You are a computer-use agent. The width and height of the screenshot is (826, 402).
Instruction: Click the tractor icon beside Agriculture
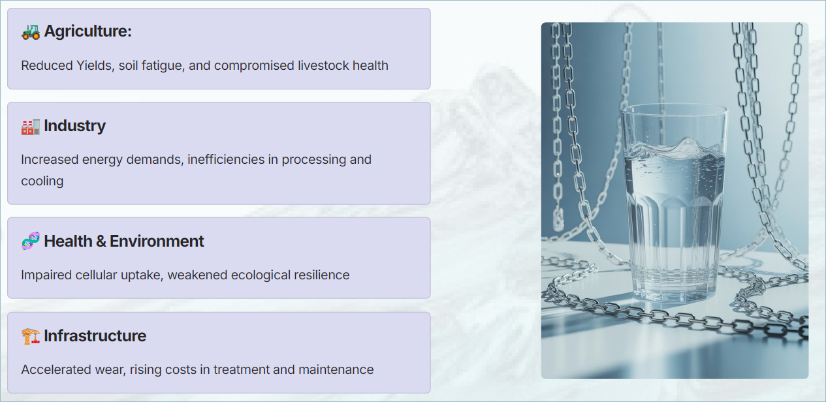pos(31,32)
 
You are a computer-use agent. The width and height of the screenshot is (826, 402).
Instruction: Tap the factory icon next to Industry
pos(31,127)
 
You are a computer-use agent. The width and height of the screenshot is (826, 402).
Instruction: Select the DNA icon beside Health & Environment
pos(31,241)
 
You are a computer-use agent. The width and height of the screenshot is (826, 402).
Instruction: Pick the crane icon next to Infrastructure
pos(31,336)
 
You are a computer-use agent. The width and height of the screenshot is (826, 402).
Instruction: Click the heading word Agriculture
pos(87,31)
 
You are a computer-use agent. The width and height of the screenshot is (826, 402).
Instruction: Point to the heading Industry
pos(75,126)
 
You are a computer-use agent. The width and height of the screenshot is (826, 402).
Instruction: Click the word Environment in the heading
pos(157,241)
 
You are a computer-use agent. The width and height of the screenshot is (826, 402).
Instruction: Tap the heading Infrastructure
pos(95,335)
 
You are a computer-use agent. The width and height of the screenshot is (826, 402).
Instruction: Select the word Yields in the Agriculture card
pos(95,66)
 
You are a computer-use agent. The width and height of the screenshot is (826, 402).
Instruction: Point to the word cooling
pos(42,181)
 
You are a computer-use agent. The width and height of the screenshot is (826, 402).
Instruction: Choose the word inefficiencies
pos(226,159)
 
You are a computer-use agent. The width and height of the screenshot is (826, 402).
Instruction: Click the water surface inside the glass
pos(673,149)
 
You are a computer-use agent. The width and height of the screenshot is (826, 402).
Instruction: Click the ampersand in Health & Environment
pos(101,241)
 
